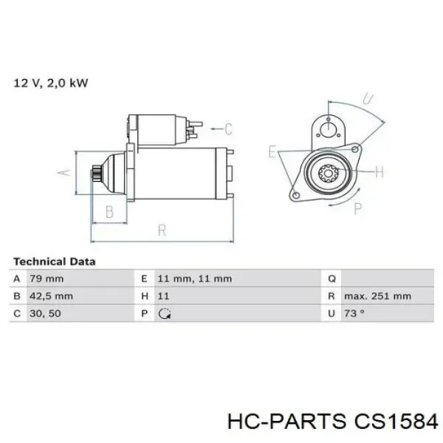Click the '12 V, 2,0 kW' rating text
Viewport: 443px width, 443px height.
51,83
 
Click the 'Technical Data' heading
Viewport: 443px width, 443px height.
54,261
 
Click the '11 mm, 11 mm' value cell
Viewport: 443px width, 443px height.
195,279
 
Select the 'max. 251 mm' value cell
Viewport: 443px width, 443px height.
377,297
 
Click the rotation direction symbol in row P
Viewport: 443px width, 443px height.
165,315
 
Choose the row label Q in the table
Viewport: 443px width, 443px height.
332,279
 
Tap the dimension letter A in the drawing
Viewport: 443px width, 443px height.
64,173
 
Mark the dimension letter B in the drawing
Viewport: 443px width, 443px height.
109,213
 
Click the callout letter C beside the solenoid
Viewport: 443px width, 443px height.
228,130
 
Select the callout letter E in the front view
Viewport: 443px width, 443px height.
272,153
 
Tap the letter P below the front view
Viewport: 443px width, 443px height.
359,209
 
